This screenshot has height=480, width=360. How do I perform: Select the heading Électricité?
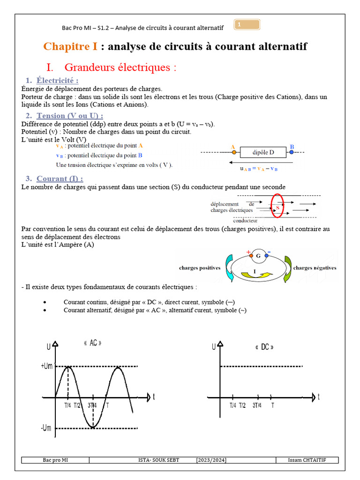57,80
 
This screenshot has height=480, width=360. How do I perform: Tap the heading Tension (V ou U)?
70,115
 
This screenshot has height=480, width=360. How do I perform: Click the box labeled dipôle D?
263,152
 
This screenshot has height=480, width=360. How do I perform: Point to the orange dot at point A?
233,152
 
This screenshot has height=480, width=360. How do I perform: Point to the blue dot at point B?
292,152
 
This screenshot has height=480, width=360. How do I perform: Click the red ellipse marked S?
277,206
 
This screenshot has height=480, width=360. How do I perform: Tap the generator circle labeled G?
258,256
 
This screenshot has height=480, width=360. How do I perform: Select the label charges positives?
200,268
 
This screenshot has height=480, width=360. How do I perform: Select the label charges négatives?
315,268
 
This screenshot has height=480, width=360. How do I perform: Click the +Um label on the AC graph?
47,366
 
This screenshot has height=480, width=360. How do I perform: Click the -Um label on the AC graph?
46,427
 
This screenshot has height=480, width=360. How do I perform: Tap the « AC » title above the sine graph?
92,343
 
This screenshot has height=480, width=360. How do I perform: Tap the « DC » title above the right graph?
264,347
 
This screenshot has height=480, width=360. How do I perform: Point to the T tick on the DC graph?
272,405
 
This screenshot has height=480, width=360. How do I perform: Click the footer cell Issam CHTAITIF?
307,460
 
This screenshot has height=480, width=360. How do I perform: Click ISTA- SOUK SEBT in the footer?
159,460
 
